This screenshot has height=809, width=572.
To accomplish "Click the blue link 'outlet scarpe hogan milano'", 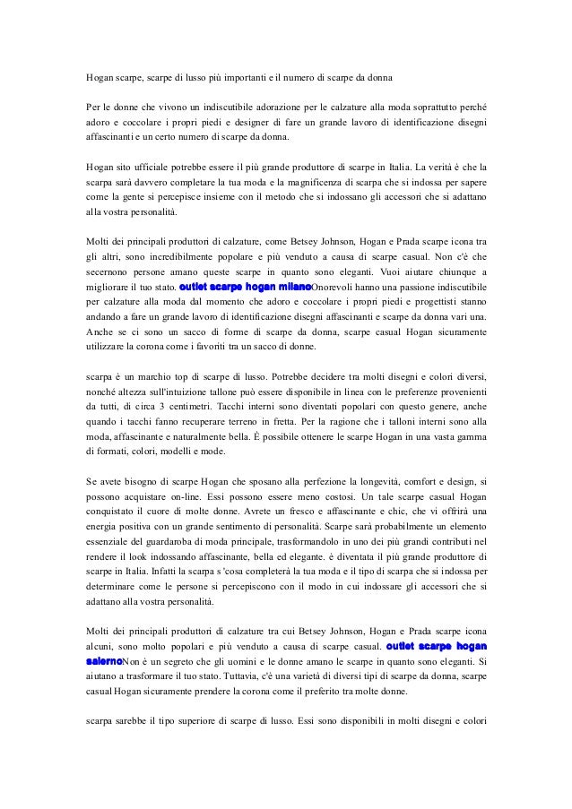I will coord(245,287).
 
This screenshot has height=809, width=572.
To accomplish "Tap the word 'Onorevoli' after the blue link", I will coord(335,287).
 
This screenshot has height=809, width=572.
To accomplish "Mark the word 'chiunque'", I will coord(441,271).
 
